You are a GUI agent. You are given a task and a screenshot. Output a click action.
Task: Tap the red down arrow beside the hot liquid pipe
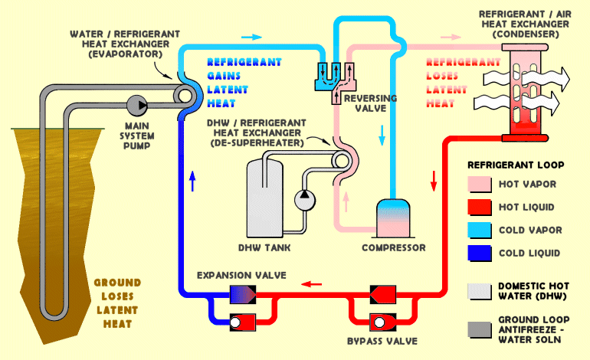pos(432,181)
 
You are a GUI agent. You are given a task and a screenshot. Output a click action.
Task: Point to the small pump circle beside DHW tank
pos(303,198)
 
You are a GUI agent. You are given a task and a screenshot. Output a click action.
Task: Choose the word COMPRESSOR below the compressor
pos(393,248)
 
